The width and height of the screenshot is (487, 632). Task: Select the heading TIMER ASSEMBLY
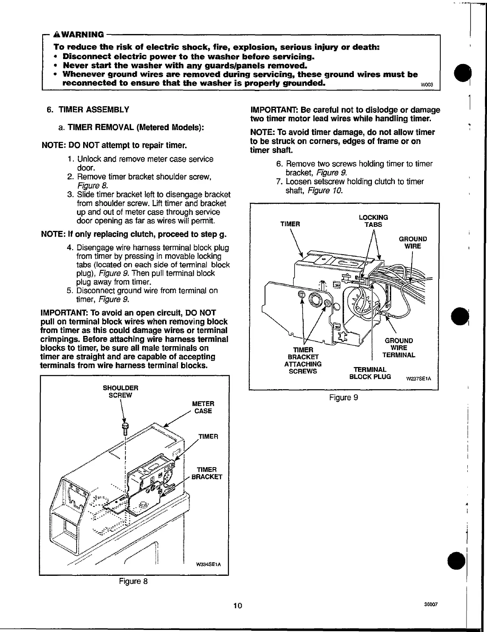[94, 110]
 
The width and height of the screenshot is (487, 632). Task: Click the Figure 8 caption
[133, 581]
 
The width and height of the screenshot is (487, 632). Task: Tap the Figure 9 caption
[344, 397]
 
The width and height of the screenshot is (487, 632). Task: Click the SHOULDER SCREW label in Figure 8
[120, 392]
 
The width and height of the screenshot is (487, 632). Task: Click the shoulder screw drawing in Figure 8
[125, 429]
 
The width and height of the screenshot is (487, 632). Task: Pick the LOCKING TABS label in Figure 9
[373, 221]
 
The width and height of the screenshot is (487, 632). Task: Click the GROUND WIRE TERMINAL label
[399, 348]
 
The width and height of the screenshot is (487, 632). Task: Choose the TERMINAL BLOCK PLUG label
[370, 373]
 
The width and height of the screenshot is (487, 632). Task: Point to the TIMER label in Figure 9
[290, 224]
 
